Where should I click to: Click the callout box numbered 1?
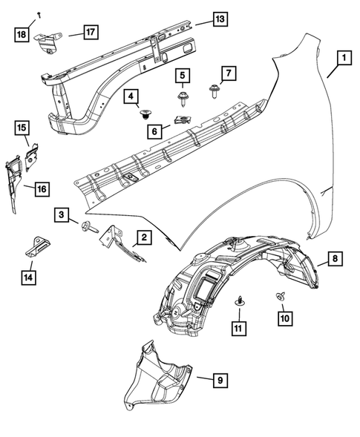click(344, 56)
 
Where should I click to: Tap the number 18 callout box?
click(22, 33)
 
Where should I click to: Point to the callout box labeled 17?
click(89, 32)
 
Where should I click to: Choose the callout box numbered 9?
click(220, 381)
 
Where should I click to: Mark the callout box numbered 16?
click(42, 189)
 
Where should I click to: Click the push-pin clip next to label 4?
click(144, 114)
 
